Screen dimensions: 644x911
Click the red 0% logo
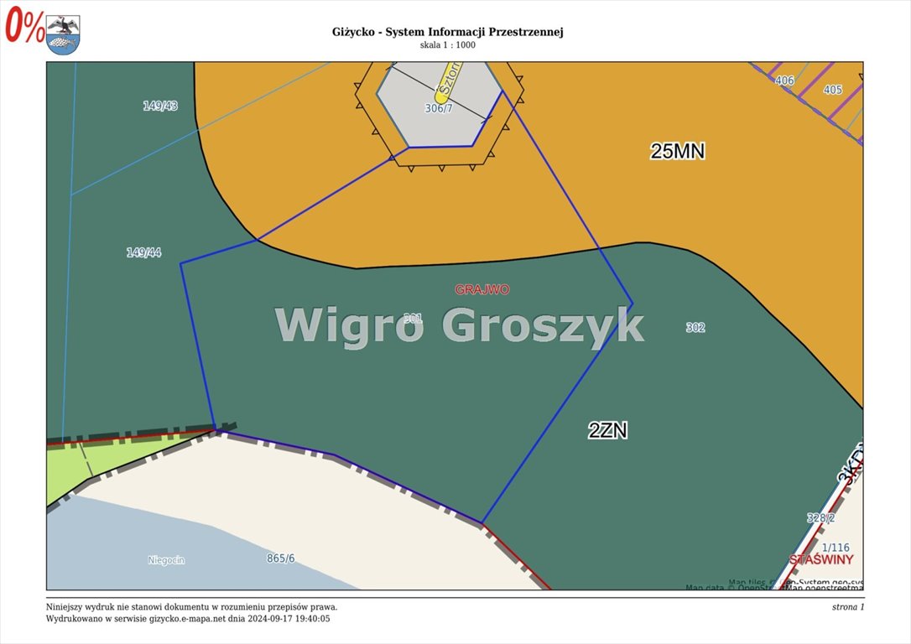pyautogui.click(x=25, y=27)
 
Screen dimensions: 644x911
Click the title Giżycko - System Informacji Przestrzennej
pyautogui.click(x=447, y=32)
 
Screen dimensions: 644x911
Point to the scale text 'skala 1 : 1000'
pyautogui.click(x=447, y=45)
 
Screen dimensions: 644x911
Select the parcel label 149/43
pyautogui.click(x=160, y=106)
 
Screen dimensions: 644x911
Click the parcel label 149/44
pyautogui.click(x=143, y=252)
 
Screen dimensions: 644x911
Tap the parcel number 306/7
pyautogui.click(x=439, y=108)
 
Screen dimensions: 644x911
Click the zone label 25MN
pyautogui.click(x=678, y=151)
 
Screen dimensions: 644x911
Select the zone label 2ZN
pyautogui.click(x=607, y=431)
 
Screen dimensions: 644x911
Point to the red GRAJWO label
pyautogui.click(x=482, y=289)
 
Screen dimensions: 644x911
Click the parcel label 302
pyautogui.click(x=695, y=328)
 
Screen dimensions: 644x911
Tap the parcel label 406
pyautogui.click(x=784, y=80)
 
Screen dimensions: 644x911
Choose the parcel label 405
pyautogui.click(x=832, y=90)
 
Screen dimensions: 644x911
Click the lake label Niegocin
pyautogui.click(x=166, y=560)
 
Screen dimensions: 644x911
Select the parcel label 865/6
pyautogui.click(x=281, y=558)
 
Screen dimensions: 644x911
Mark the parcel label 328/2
pyautogui.click(x=820, y=518)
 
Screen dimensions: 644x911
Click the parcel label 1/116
pyautogui.click(x=835, y=548)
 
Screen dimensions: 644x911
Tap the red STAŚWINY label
pyautogui.click(x=821, y=559)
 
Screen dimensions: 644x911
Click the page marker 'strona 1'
pyautogui.click(x=842, y=606)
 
